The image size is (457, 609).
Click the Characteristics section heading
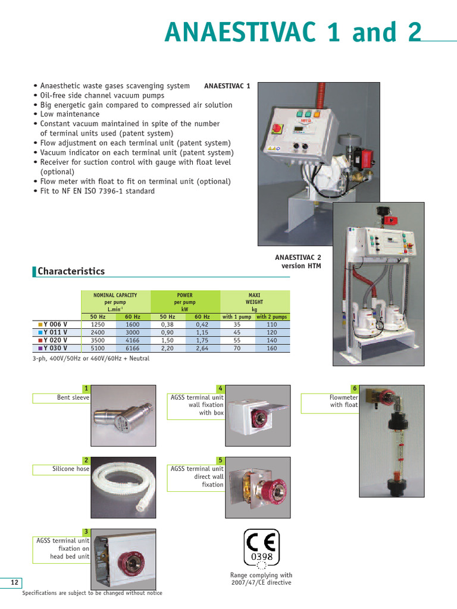pos(71,271)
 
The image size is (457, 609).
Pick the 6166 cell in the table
pos(133,348)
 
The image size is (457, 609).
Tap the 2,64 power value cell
pos(202,348)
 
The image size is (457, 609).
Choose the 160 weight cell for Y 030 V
pos(272,348)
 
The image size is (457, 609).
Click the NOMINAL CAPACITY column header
pos(115,302)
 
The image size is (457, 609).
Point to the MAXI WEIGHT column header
pos(255,302)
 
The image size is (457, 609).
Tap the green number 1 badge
pos(86,388)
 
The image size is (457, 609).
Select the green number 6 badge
pos(355,388)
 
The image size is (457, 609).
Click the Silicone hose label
pos(70,469)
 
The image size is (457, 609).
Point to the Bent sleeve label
pos(73,397)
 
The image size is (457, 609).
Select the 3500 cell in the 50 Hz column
pos(98,340)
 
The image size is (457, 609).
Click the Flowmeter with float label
pos(344,401)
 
